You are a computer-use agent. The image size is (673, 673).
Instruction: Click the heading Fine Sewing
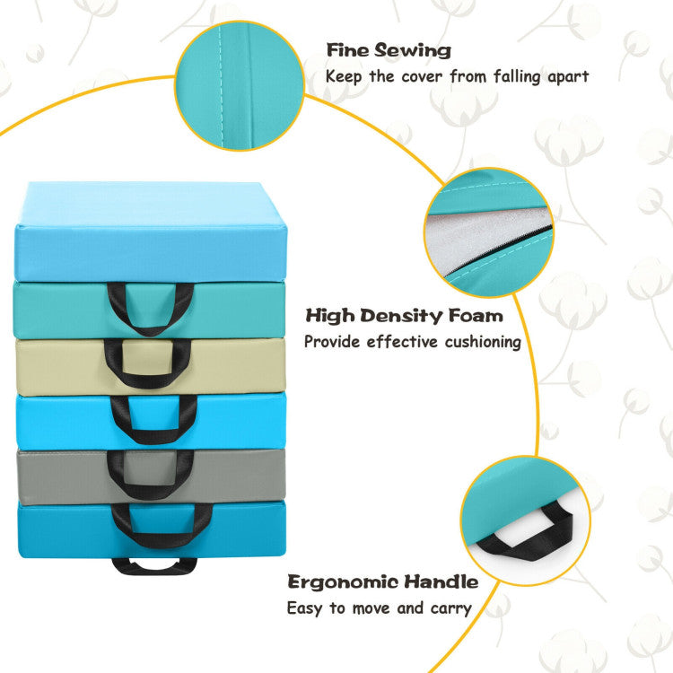(x=389, y=50)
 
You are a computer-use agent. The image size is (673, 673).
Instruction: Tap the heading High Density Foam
(x=404, y=316)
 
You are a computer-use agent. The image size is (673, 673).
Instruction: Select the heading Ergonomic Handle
(x=383, y=581)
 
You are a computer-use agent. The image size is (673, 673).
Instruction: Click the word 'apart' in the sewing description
(x=565, y=75)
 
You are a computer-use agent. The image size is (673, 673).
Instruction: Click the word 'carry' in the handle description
(x=451, y=607)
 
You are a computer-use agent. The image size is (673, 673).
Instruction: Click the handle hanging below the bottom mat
(x=154, y=566)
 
